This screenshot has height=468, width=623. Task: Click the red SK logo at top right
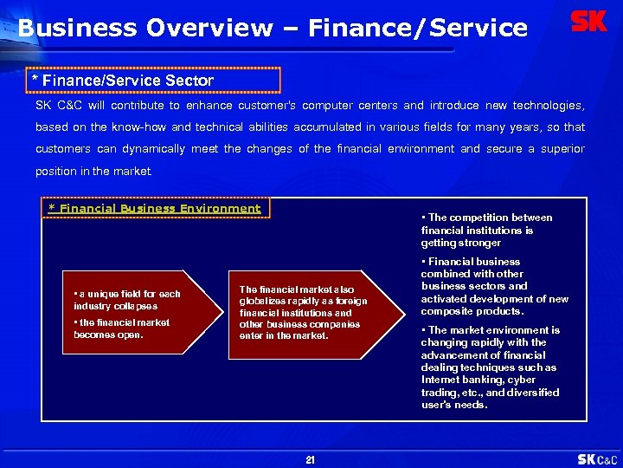(589, 22)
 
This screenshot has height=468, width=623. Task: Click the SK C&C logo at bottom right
(597, 459)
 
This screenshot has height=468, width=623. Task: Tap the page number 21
(311, 460)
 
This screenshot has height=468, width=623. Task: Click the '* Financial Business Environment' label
(155, 208)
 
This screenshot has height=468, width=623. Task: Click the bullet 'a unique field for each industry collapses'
(127, 300)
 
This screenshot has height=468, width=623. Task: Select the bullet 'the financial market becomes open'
(122, 328)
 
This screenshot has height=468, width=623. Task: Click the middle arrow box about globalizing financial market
(303, 312)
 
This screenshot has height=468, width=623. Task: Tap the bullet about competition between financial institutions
(486, 230)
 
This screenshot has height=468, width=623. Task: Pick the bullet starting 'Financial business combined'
(494, 286)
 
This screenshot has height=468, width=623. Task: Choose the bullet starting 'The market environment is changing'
(491, 367)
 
